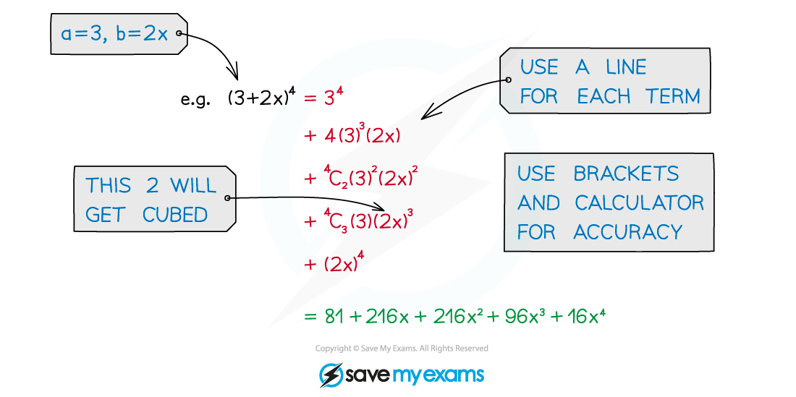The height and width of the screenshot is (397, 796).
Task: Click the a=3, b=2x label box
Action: click(119, 34)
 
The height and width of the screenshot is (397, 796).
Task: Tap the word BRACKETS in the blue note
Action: click(626, 174)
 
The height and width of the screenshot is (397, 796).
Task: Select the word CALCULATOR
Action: click(639, 202)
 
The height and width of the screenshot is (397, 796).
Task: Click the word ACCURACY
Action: click(627, 232)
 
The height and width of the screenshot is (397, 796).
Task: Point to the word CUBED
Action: click(175, 215)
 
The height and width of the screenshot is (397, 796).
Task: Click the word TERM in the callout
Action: click(673, 96)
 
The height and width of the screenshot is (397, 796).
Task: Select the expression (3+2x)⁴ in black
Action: click(262, 98)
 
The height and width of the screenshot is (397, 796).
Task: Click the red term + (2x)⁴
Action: click(334, 264)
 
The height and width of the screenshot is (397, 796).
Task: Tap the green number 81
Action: click(334, 317)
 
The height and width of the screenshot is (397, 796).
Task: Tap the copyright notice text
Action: click(402, 349)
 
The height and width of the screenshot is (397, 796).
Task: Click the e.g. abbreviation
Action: click(195, 99)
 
